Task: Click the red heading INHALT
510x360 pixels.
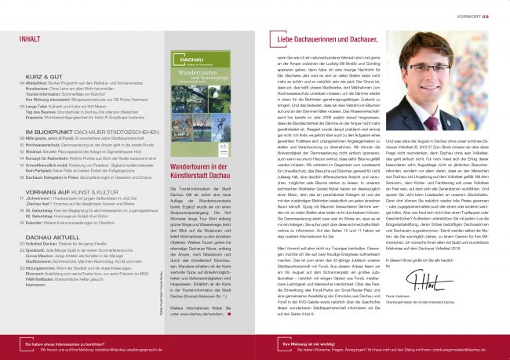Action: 31,38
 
